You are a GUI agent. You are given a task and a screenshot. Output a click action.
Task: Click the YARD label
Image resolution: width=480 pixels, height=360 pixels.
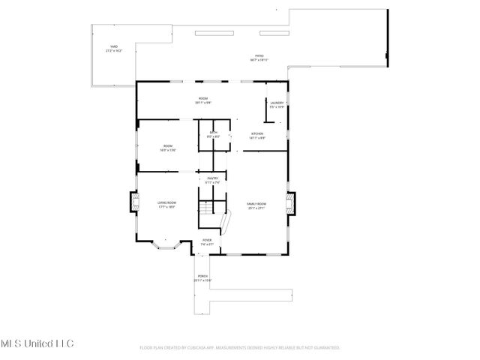coord(114,47)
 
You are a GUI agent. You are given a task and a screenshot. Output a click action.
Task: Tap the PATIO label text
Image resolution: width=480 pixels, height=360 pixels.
coord(259,55)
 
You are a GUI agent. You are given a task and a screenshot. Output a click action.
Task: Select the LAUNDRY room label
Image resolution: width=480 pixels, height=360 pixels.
coord(277,103)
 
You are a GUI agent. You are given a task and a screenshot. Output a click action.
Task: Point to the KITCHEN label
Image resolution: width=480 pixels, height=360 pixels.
coord(256,133)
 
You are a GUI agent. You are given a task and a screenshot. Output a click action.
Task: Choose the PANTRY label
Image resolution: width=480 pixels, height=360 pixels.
coord(212,178)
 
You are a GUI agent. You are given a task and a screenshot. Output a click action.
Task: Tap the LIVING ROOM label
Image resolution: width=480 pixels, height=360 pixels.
coord(166,202)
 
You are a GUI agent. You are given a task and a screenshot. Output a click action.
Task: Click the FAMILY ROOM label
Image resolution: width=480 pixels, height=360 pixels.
coord(257,202)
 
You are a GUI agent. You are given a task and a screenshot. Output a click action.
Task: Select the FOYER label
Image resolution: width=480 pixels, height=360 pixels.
coord(207,240)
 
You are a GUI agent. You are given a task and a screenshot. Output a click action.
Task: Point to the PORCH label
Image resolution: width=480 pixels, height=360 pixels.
coord(202,277)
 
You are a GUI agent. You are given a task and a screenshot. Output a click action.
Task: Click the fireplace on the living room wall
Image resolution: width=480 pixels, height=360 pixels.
coord(134,202)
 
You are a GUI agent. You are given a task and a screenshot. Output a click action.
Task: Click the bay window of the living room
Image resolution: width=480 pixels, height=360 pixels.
coord(163,244)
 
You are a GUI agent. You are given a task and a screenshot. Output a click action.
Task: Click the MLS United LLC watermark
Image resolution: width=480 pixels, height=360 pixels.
coord(37,343)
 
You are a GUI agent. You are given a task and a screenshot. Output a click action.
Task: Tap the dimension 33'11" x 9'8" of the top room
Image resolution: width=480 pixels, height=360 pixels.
coord(202,103)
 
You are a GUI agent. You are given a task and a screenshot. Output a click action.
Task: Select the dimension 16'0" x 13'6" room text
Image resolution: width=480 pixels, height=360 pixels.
coord(166,150)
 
